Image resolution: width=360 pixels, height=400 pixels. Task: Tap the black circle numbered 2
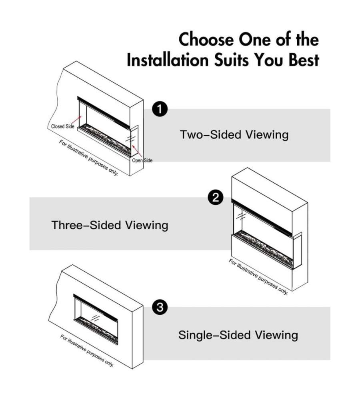coord(216,197)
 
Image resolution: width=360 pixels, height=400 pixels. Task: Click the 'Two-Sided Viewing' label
coord(234,134)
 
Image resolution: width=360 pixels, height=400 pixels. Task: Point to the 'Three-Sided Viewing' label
coord(110,225)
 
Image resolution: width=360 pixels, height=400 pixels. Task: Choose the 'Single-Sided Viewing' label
coord(238,334)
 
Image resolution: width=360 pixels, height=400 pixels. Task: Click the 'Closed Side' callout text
coord(63,126)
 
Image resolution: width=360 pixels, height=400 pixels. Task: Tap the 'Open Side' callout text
coord(142,160)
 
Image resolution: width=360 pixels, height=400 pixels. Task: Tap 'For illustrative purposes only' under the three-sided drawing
coord(258,277)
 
